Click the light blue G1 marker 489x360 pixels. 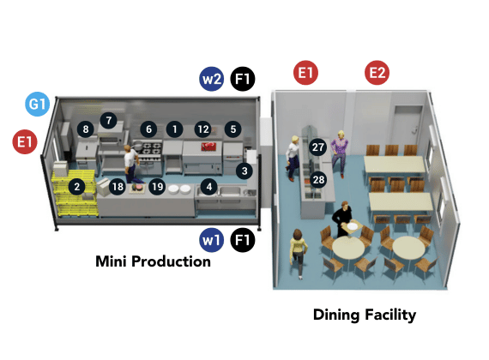point(37,104)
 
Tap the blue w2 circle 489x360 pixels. point(211,79)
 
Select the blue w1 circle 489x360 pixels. point(211,240)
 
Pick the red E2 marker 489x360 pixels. point(377,73)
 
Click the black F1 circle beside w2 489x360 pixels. point(243,79)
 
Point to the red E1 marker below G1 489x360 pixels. point(25,141)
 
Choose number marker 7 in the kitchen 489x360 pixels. point(109,120)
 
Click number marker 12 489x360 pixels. point(203,129)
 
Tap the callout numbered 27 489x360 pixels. point(317,147)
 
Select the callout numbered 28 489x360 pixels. point(318,179)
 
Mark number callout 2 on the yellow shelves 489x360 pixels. point(76,187)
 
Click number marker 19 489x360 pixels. point(157,187)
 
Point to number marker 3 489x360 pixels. point(244,171)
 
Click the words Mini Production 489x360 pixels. point(153,261)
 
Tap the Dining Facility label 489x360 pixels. point(365,315)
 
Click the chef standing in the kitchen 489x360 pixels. point(131,164)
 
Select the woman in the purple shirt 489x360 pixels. point(340,153)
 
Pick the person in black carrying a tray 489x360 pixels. point(343,219)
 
